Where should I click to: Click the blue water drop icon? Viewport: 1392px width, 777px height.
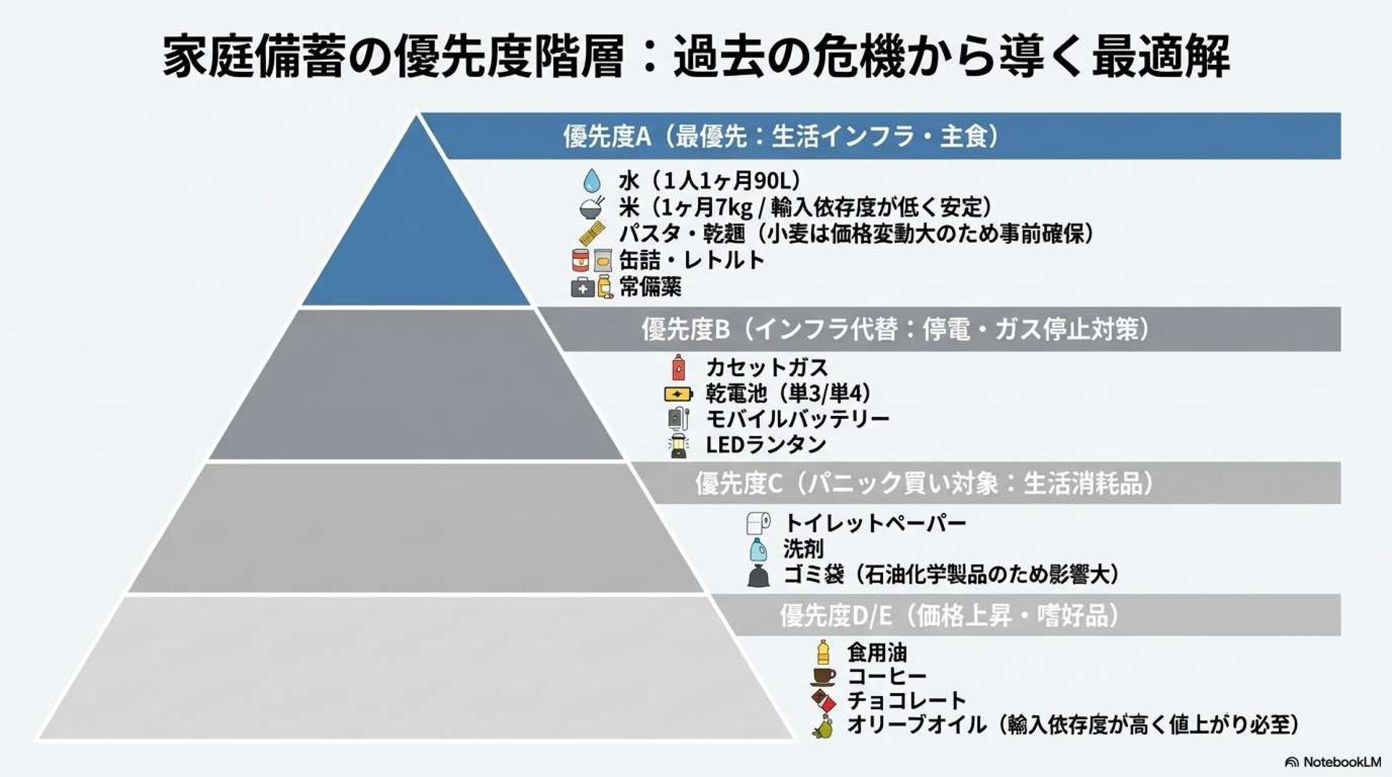pyautogui.click(x=592, y=180)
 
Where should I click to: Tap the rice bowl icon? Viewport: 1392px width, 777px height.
pyautogui.click(x=592, y=207)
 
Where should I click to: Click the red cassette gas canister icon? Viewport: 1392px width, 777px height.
pyautogui.click(x=678, y=367)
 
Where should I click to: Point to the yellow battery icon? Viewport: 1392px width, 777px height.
pyautogui.click(x=678, y=394)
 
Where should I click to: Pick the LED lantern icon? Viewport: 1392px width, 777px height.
pyautogui.click(x=678, y=445)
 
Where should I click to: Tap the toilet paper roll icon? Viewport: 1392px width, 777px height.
pyautogui.click(x=758, y=523)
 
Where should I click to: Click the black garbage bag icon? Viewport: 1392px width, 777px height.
pyautogui.click(x=758, y=576)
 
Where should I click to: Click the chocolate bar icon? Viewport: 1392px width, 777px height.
pyautogui.click(x=822, y=701)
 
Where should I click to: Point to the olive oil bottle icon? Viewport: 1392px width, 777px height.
pyautogui.click(x=822, y=726)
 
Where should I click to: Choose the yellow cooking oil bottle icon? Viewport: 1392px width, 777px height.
pyautogui.click(x=822, y=652)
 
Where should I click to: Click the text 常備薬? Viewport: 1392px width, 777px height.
pyautogui.click(x=650, y=287)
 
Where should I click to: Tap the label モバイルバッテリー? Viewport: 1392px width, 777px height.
pyautogui.click(x=797, y=419)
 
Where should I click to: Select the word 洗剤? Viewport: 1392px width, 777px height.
pyautogui.click(x=803, y=549)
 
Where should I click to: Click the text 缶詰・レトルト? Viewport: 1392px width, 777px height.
pyautogui.click(x=692, y=260)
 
